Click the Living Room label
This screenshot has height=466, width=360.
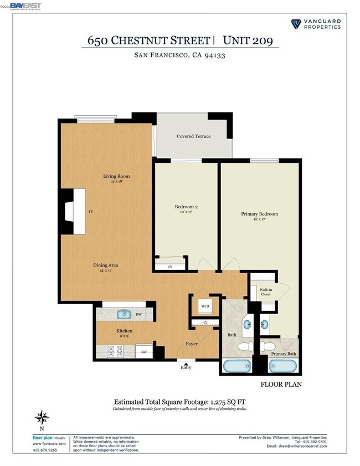point(116,177)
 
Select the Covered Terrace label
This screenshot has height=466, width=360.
point(193,136)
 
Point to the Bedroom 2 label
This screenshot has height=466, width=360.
point(186,207)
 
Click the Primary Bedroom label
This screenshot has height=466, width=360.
point(259,214)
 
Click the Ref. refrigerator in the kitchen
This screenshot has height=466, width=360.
point(143,351)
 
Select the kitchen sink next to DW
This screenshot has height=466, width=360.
point(125,315)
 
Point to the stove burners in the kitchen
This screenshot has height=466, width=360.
point(115,351)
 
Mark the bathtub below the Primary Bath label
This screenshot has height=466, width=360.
point(283,366)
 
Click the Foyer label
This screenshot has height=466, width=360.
point(192,344)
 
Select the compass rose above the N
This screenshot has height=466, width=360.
point(42,416)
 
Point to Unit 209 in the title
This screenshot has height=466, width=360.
point(247,40)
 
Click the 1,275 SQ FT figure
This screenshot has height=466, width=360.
point(227,402)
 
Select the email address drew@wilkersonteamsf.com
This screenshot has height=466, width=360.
point(296,446)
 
